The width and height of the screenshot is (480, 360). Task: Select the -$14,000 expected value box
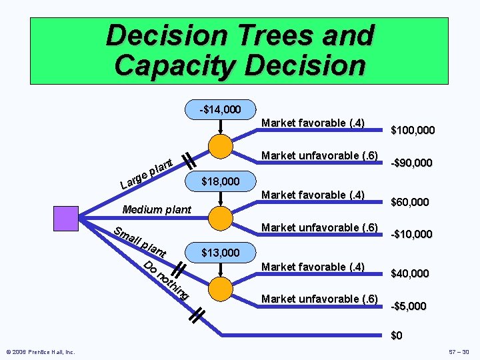click(x=221, y=109)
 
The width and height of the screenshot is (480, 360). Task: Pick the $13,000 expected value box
click(x=221, y=253)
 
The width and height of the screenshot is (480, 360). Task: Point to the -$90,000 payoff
click(x=411, y=163)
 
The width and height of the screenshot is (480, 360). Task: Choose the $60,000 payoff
click(x=409, y=202)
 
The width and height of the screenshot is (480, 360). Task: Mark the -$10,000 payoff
click(x=411, y=234)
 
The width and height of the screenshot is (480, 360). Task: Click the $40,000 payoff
click(x=409, y=273)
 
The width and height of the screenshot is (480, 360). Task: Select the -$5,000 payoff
click(x=409, y=306)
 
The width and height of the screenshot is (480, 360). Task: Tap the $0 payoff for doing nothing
click(x=397, y=335)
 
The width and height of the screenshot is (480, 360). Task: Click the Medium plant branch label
click(x=157, y=210)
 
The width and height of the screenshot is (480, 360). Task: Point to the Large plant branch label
click(x=147, y=172)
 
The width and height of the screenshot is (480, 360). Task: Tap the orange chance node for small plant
click(x=221, y=289)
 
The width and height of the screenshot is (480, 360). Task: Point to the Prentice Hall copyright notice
click(x=41, y=351)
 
